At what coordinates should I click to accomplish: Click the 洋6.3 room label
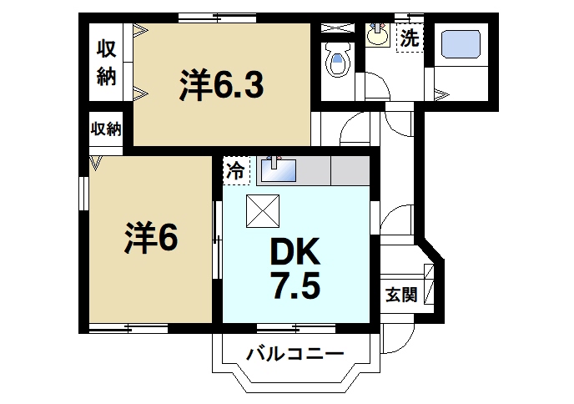pos(220,84)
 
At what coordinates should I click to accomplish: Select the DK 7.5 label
pos(295,268)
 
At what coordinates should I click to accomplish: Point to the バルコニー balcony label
pos(295,354)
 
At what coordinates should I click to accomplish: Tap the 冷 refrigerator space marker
pos(236,172)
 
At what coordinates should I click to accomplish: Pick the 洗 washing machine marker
pos(409,38)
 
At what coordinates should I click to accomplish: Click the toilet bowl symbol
pos(337,61)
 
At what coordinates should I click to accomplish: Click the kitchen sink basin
pos(279,171)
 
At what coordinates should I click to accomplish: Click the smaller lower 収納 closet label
pos(106,129)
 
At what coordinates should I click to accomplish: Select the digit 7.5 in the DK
pos(295,288)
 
